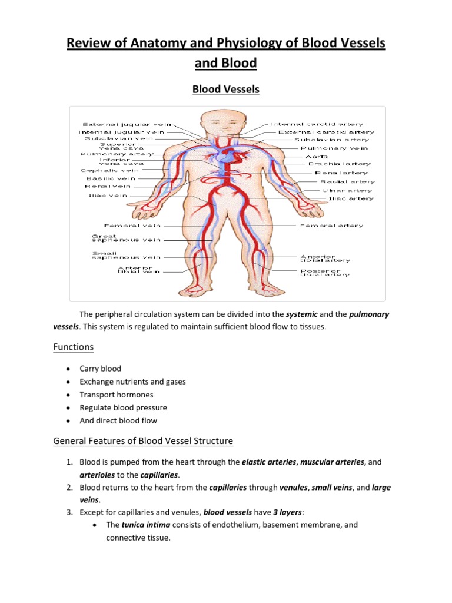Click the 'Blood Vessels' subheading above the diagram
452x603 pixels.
pyautogui.click(x=227, y=90)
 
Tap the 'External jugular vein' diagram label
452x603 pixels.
pyautogui.click(x=127, y=124)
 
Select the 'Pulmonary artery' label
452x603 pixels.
pyautogui.click(x=117, y=154)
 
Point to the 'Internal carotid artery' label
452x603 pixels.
pyautogui.click(x=317, y=124)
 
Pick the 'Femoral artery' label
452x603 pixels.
pyautogui.click(x=332, y=225)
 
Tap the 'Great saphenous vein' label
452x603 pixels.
pyautogui.click(x=125, y=238)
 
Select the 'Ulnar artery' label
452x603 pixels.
pyautogui.click(x=347, y=190)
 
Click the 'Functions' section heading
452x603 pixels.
pyautogui.click(x=74, y=347)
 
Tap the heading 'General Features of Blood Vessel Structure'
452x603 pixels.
pyautogui.click(x=143, y=440)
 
